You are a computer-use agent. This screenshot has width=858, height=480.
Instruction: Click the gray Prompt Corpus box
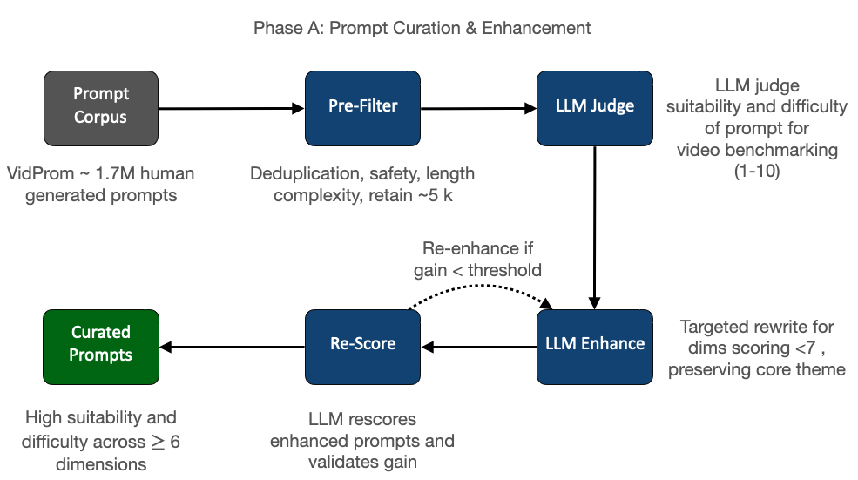click(x=101, y=108)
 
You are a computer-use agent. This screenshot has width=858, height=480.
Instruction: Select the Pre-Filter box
click(x=362, y=108)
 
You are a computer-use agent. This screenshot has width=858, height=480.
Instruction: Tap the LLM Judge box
click(x=595, y=108)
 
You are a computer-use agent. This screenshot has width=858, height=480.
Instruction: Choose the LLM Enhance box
click(x=595, y=347)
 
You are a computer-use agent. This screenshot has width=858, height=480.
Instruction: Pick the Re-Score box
click(x=362, y=347)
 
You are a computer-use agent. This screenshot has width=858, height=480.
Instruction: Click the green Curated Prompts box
click(x=101, y=347)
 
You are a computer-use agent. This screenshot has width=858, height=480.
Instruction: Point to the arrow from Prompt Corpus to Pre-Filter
click(x=232, y=108)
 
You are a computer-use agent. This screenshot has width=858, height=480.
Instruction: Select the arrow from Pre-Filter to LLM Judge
click(x=479, y=108)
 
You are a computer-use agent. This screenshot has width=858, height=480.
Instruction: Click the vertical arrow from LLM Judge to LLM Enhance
click(x=595, y=227)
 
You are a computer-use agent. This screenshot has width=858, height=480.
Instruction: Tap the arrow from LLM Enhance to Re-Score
click(x=479, y=347)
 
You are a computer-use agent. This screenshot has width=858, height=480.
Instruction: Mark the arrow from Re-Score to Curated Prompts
click(x=232, y=347)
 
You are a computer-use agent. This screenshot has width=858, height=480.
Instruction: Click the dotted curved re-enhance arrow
click(x=480, y=287)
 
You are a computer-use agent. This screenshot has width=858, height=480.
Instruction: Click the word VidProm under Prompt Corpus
click(x=40, y=173)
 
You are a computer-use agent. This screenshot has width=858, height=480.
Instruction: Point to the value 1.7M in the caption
click(x=115, y=173)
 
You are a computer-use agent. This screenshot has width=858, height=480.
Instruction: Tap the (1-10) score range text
click(x=757, y=172)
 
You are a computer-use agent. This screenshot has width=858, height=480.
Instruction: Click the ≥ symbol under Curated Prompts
click(x=158, y=442)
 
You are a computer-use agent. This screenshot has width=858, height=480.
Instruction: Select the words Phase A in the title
click(x=288, y=28)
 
